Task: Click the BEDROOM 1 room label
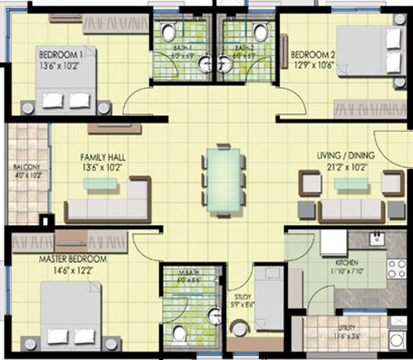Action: [x=61, y=55]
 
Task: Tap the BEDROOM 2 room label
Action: [x=313, y=55]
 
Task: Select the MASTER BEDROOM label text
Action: [x=73, y=259]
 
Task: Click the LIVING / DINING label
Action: [x=341, y=157]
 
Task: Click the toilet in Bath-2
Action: [x=261, y=32]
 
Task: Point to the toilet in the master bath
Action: [x=179, y=334]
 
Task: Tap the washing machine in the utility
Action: [x=398, y=339]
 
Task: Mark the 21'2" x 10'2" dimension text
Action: [x=342, y=166]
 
